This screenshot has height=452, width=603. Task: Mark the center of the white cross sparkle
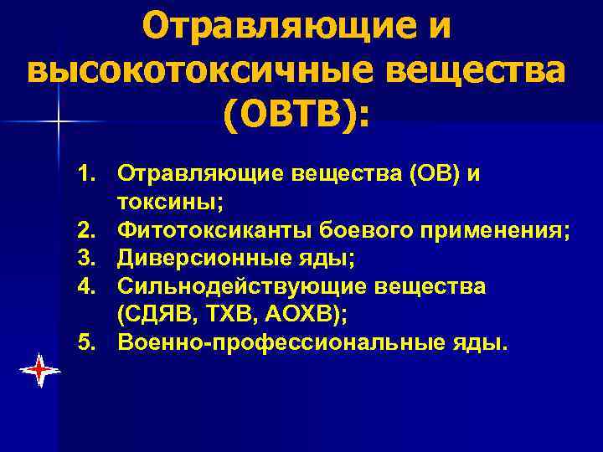coord(59,122)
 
